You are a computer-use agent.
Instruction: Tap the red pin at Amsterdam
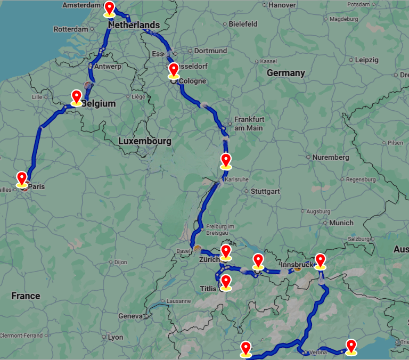click(110, 8)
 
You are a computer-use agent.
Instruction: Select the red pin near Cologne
click(174, 70)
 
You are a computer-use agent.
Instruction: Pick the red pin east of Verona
click(351, 346)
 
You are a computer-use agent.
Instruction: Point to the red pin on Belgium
click(77, 97)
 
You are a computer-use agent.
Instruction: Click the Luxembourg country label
click(145, 141)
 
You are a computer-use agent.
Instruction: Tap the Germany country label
click(286, 73)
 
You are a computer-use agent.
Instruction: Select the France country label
click(26, 296)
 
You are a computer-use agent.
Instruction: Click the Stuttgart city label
click(265, 191)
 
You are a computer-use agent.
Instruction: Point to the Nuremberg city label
click(331, 158)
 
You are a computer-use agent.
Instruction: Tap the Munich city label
click(341, 223)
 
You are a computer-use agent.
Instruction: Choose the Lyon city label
click(116, 337)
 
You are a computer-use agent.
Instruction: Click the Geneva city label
click(130, 316)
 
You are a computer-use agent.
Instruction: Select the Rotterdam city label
click(70, 29)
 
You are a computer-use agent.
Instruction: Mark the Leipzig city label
click(366, 60)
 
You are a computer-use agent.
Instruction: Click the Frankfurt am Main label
click(249, 124)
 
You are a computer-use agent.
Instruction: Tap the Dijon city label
click(121, 262)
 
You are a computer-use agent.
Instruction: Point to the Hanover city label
click(282, 5)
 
